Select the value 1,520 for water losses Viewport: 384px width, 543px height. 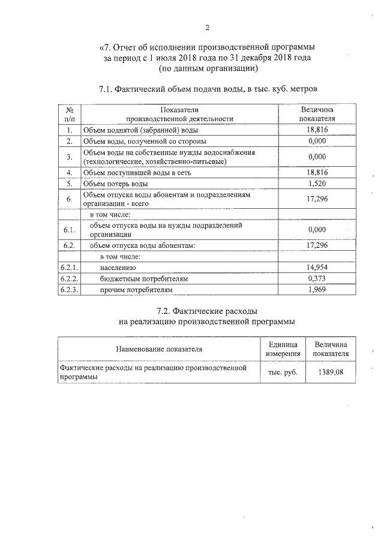316,184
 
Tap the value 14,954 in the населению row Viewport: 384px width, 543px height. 316,268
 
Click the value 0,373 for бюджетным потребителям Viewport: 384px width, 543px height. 316,278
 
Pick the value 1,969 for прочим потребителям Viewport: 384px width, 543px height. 316,290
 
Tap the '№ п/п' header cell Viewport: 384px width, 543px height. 70,114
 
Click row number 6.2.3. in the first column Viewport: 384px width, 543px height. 70,290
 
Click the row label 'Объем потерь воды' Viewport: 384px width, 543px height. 115,184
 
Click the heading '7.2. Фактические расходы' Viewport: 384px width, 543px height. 207,311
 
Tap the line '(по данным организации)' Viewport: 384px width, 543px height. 207,68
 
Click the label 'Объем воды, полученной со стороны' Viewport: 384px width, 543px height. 145,141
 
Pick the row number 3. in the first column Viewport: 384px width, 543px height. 70,157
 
